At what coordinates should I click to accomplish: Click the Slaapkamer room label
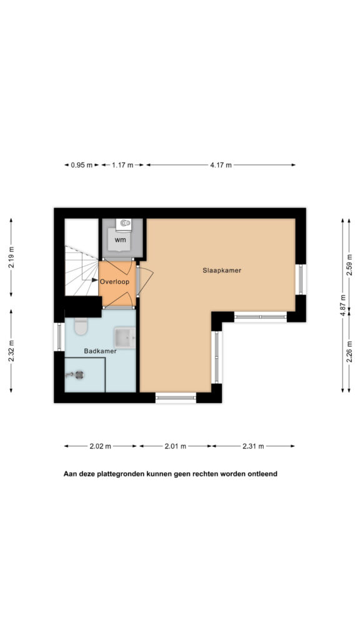(222, 270)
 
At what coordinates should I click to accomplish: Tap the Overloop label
(115, 281)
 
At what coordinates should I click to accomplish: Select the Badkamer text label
(101, 351)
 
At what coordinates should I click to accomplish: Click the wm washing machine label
(120, 240)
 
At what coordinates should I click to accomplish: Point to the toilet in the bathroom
(81, 326)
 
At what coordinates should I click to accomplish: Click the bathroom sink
(125, 337)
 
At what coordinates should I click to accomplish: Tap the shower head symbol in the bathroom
(75, 375)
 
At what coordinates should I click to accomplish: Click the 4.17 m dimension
(221, 165)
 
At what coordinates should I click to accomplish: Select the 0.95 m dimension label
(82, 165)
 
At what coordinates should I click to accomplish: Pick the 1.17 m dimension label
(122, 165)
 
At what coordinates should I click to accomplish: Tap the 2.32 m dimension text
(11, 351)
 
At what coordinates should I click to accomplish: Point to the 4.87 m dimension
(342, 305)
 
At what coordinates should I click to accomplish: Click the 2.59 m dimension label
(349, 265)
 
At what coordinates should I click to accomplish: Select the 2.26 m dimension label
(349, 352)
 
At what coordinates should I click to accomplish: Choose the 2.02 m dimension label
(101, 446)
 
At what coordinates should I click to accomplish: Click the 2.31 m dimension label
(253, 446)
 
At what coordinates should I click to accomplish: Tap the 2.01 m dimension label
(176, 446)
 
